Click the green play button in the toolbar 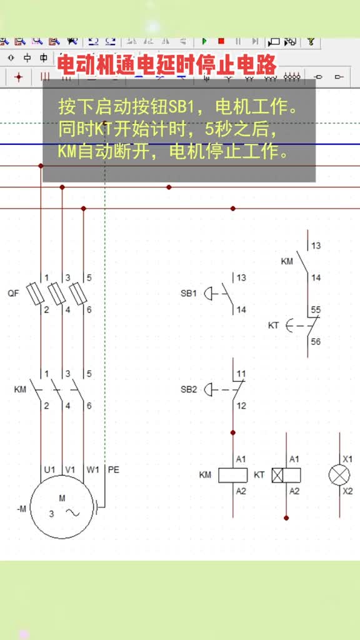tap(204, 41)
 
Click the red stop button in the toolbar tap(221, 41)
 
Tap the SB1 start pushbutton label tap(189, 293)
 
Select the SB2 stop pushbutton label tap(189, 389)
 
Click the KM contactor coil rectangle tap(233, 475)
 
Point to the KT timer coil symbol tap(286, 475)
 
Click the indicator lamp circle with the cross tap(339, 475)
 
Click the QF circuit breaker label tap(14, 293)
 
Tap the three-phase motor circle tap(62, 507)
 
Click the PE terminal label tap(114, 470)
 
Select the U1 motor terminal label tap(50, 470)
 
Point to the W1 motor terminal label tap(92, 470)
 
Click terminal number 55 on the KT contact tap(316, 310)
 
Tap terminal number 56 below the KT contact tap(316, 342)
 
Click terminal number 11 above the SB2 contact tap(241, 374)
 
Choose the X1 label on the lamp tap(347, 459)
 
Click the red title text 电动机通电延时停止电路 tap(166, 64)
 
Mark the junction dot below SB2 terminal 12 tap(233, 432)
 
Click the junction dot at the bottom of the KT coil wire tap(286, 517)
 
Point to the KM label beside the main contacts tap(20, 389)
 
